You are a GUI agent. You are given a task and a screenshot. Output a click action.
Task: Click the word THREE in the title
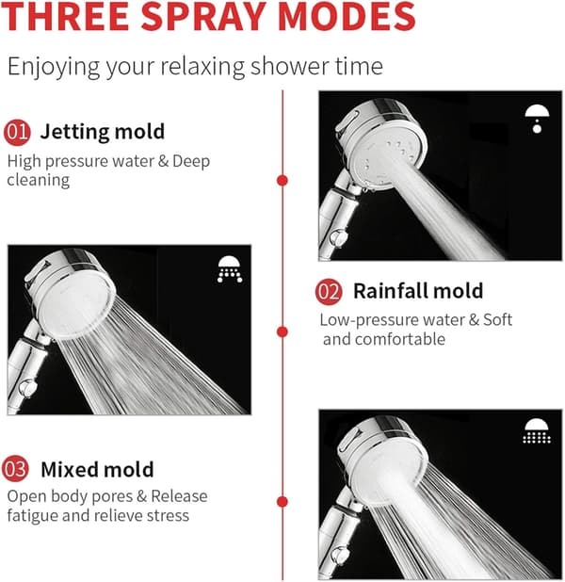(x=65, y=16)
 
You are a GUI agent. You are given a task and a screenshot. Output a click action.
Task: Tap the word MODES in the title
(x=347, y=16)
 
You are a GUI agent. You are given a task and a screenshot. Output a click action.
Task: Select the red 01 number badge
(x=17, y=132)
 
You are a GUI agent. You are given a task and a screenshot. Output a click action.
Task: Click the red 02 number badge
(x=329, y=292)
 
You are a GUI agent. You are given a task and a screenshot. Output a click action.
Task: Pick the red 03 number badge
(x=15, y=468)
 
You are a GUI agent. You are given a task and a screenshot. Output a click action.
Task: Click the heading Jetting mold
(x=102, y=132)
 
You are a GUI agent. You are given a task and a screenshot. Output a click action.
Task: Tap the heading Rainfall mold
(x=418, y=291)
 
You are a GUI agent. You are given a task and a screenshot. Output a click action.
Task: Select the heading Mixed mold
(x=97, y=470)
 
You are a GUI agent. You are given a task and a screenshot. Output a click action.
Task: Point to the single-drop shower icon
(x=537, y=119)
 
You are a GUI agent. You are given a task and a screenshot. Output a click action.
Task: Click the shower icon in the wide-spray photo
(x=230, y=269)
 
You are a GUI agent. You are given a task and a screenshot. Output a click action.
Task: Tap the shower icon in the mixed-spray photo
(x=537, y=431)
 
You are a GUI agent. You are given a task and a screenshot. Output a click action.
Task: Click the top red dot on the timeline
(x=282, y=181)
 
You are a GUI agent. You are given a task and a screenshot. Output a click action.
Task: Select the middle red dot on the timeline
(x=282, y=331)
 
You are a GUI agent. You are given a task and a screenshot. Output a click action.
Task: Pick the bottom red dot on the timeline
(x=282, y=501)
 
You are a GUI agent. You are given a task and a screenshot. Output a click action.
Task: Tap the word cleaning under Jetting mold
(x=39, y=181)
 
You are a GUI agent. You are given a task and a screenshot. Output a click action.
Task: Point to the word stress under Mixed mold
(x=168, y=516)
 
